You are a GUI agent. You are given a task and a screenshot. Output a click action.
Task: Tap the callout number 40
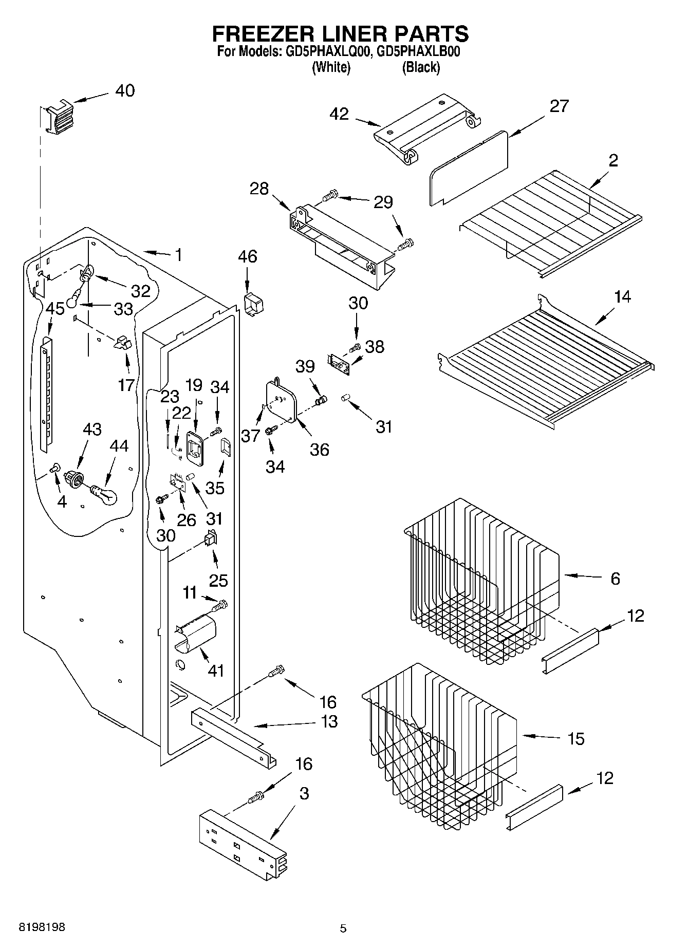tap(125, 91)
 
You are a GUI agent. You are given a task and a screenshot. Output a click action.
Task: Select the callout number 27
tap(559, 106)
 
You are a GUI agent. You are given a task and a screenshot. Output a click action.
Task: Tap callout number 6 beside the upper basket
tap(616, 579)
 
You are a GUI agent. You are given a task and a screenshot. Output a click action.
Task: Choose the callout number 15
tap(576, 739)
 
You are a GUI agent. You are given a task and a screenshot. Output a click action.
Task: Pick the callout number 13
tap(329, 721)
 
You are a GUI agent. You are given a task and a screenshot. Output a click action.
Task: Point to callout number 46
tap(248, 256)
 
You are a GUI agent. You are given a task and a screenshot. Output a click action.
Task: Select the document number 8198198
tap(42, 927)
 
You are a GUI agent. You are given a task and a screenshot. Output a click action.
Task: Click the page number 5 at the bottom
tap(343, 928)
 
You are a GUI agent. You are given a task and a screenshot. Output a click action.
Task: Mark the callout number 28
tap(259, 189)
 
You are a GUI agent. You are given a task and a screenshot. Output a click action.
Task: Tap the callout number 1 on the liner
tap(178, 255)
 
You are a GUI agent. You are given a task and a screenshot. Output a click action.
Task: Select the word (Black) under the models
tap(421, 67)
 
